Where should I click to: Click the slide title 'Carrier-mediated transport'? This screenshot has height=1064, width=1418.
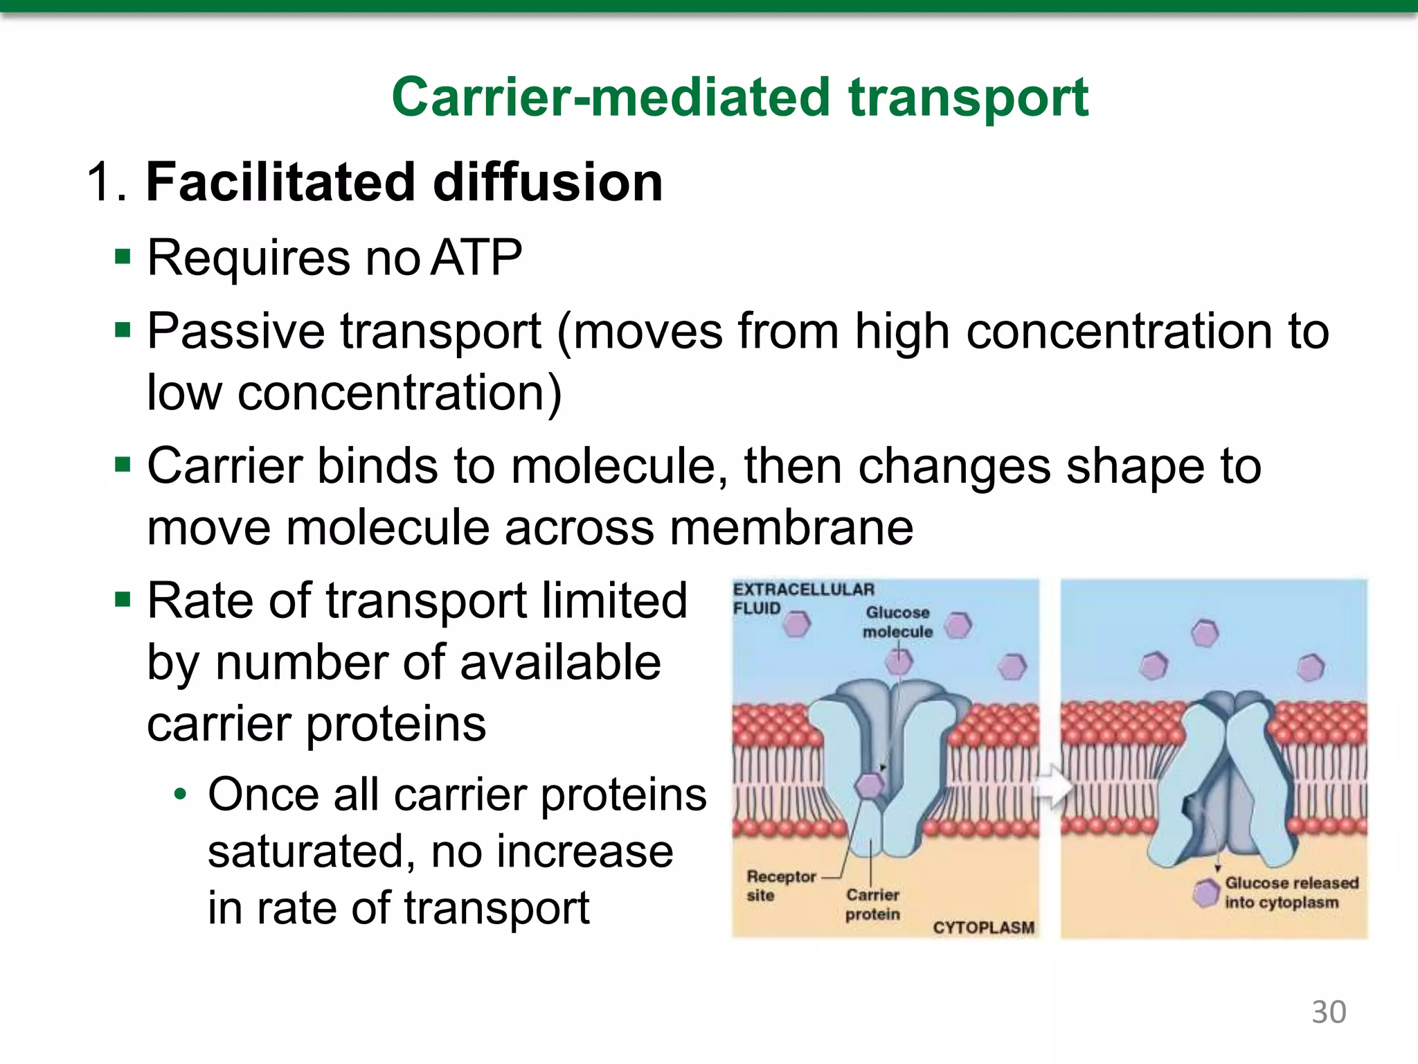[x=739, y=98]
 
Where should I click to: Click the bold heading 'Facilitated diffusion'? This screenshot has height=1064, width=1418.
[x=404, y=182]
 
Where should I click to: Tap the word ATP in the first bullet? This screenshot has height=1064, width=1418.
[x=476, y=258]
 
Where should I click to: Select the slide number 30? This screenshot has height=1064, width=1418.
[x=1328, y=1012]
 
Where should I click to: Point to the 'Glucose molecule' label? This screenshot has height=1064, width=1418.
[x=897, y=621]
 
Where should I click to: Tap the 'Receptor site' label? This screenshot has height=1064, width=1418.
[x=780, y=885]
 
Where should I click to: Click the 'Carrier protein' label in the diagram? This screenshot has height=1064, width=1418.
[x=872, y=904]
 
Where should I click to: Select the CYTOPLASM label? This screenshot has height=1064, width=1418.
[x=983, y=928]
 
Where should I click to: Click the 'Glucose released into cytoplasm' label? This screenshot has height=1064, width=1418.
[x=1291, y=892]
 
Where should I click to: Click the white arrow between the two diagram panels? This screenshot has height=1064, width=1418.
[x=1051, y=787]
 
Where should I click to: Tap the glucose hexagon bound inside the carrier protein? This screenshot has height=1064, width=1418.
[x=870, y=785]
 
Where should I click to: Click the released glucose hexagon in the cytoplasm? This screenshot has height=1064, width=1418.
[x=1206, y=892]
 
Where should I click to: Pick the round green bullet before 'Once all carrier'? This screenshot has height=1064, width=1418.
[x=180, y=795]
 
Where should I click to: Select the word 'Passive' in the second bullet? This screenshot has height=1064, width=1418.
[x=235, y=331]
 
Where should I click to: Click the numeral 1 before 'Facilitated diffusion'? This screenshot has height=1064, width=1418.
[x=100, y=182]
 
